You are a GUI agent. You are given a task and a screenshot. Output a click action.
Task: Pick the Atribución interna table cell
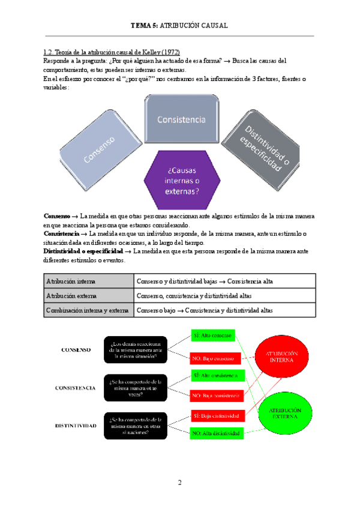(89, 281)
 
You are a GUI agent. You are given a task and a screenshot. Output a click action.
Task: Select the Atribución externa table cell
(89, 296)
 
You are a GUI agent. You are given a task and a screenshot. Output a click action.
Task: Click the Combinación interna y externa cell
(89, 310)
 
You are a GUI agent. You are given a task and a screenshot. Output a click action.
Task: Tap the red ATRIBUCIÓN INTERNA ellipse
(278, 357)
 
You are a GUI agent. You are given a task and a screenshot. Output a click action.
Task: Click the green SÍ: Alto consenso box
(215, 334)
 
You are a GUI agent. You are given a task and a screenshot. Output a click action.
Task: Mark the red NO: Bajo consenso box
(215, 358)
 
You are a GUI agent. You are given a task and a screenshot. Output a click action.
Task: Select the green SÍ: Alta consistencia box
(215, 376)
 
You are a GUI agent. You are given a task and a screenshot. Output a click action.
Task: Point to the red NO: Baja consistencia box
(215, 396)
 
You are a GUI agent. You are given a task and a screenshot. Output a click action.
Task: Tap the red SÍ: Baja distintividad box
(215, 415)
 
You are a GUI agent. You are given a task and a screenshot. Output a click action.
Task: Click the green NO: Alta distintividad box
(215, 433)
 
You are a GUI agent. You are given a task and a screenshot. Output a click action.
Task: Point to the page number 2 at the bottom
(179, 483)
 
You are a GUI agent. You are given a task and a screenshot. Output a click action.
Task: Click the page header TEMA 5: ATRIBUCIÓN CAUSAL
(180, 26)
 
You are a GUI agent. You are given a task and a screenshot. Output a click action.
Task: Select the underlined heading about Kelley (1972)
(112, 52)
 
